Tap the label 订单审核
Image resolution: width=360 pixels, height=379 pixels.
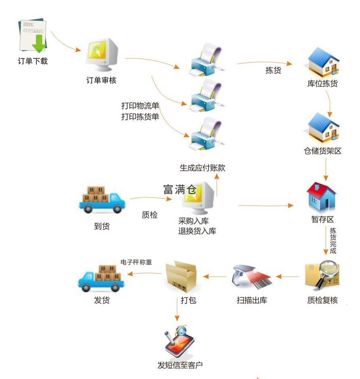(x=101, y=80)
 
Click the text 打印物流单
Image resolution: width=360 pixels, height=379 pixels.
(x=140, y=106)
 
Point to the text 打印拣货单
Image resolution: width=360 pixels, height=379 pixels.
(x=140, y=117)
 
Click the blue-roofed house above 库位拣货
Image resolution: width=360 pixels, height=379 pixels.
(x=323, y=62)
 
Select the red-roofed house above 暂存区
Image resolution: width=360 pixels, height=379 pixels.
(x=322, y=197)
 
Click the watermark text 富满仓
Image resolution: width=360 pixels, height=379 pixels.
(x=180, y=189)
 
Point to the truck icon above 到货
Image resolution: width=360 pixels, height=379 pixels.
(x=101, y=200)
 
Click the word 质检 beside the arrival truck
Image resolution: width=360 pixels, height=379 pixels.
(x=149, y=215)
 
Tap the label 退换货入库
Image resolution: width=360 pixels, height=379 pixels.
(x=197, y=231)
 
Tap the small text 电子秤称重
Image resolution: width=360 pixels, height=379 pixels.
(x=136, y=262)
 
